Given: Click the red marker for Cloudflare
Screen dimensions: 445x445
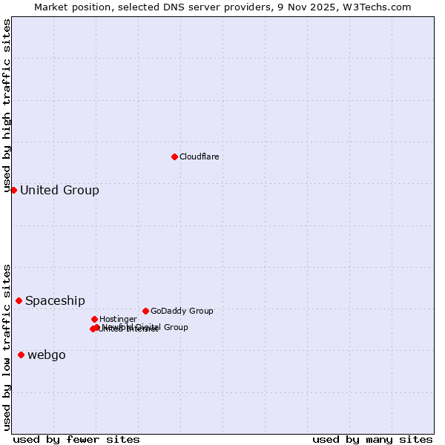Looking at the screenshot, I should coord(174,156).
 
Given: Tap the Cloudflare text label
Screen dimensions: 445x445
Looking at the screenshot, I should coord(199,156).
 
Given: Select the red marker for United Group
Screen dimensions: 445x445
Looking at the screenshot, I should coord(13,191).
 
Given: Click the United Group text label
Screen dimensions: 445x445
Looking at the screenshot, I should coord(59,191).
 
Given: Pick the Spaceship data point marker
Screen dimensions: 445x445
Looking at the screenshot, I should coord(19,300).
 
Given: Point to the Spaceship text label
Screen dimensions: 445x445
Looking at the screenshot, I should coord(55,301).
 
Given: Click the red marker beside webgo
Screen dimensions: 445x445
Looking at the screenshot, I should coord(21,355).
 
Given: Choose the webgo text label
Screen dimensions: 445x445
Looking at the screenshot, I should coord(47,355).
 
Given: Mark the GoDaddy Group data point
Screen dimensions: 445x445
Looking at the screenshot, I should coord(145,311).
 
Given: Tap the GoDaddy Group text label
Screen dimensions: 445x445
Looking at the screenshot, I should coord(182,311).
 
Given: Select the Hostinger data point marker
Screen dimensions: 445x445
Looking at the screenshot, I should coord(94,319).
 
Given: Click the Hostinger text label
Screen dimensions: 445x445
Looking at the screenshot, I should coord(118,320).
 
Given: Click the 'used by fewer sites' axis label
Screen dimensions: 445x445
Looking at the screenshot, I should coord(76,440).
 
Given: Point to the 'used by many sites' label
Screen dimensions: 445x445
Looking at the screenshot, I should coord(372,440).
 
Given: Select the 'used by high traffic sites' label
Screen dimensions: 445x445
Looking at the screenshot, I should coord(7,106).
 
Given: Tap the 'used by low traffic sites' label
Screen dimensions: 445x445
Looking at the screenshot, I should coord(7,347).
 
